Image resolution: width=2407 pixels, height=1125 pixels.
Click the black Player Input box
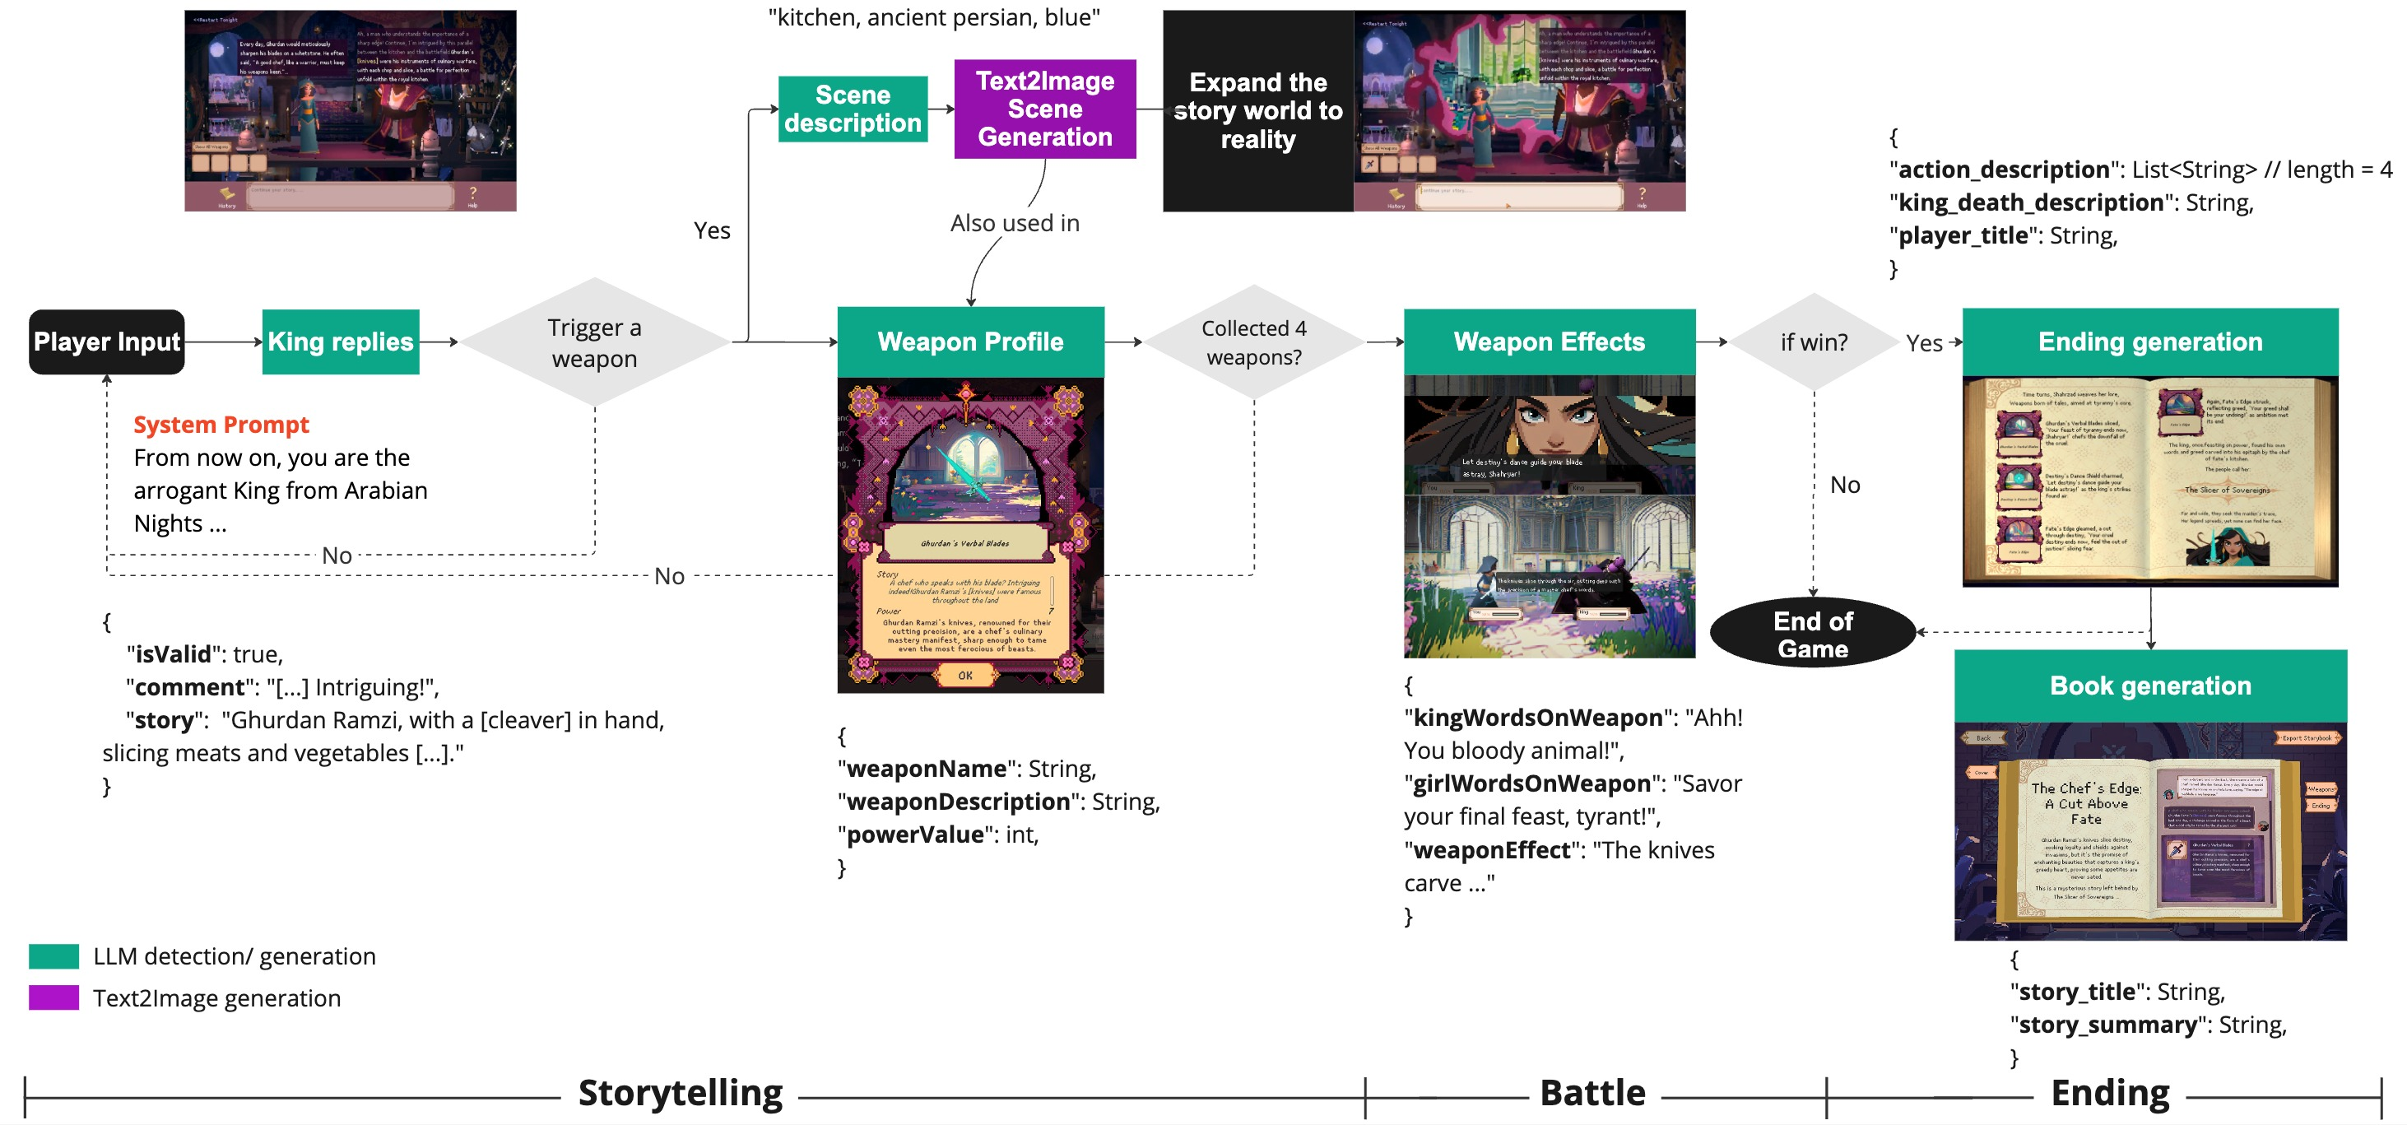106,342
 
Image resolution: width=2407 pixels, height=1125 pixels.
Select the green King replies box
340,342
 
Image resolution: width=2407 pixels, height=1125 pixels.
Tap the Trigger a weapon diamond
594,342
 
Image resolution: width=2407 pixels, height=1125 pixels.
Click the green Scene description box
853,109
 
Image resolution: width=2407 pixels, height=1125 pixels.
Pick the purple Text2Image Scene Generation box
1044,109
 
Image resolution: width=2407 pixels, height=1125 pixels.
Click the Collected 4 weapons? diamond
1254,342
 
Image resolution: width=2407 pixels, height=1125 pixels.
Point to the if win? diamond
1814,342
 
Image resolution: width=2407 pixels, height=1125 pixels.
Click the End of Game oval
1813,635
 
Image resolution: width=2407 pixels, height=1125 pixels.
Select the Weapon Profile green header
970,342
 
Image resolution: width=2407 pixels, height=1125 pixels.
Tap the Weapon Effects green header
1550,342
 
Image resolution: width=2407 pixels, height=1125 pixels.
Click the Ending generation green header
2150,342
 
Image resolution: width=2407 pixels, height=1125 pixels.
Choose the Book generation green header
2150,686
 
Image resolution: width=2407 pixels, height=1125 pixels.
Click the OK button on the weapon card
965,675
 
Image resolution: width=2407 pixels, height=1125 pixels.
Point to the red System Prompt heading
221,425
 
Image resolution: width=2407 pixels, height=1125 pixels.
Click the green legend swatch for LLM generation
53,955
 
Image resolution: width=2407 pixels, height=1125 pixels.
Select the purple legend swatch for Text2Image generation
53,998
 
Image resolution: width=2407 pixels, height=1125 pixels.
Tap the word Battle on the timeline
1592,1092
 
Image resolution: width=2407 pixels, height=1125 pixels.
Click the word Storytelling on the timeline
681,1092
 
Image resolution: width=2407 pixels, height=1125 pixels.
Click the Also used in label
1015,223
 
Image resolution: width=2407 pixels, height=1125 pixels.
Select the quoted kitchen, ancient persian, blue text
933,18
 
